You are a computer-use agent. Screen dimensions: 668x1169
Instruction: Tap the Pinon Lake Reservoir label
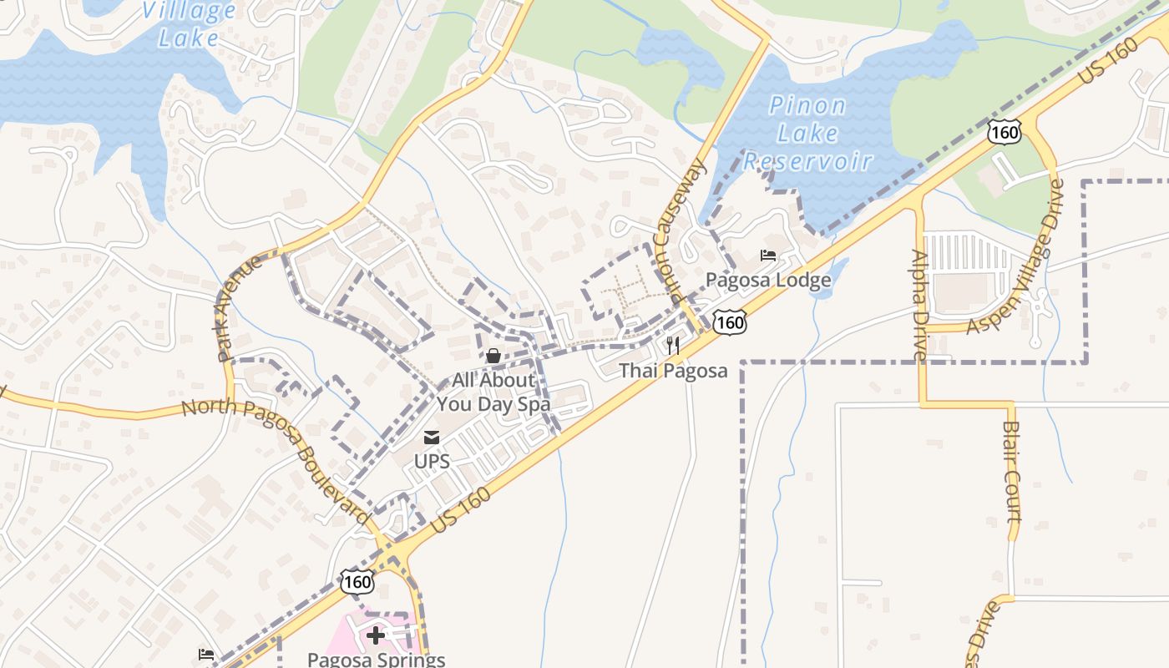click(x=807, y=133)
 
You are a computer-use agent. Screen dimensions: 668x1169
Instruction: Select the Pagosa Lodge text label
click(x=768, y=280)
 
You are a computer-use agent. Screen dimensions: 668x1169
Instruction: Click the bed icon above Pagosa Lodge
click(x=768, y=256)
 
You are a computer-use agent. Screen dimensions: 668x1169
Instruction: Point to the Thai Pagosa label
click(x=673, y=370)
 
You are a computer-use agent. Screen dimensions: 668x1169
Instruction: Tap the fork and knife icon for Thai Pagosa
click(x=673, y=346)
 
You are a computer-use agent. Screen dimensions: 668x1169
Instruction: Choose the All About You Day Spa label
click(x=493, y=392)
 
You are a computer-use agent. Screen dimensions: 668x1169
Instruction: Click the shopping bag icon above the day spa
click(x=493, y=357)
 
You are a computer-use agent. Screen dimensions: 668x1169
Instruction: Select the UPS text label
click(x=432, y=461)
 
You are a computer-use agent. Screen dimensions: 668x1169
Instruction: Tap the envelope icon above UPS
click(x=432, y=438)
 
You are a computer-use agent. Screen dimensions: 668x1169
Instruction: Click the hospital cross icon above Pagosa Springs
click(x=376, y=635)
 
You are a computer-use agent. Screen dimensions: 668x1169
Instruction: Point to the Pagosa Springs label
click(x=376, y=659)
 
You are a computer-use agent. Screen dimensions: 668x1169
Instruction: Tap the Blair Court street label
click(x=1012, y=472)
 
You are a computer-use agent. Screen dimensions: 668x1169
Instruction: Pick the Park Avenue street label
click(x=239, y=308)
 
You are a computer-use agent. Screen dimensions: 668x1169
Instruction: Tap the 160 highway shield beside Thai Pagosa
click(x=730, y=321)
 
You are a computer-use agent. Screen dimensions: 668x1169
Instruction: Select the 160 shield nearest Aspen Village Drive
click(x=1003, y=131)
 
